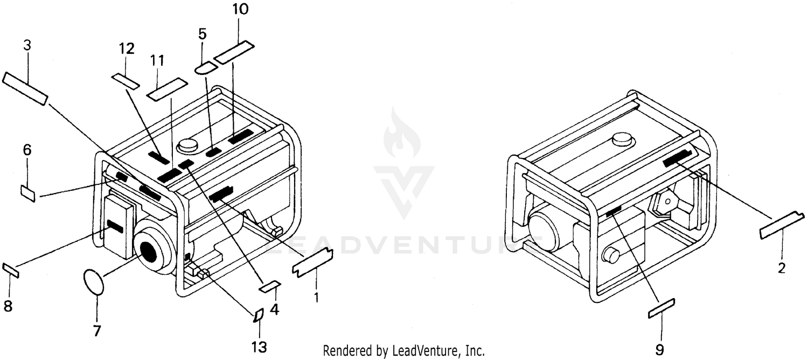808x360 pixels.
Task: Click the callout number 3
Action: tap(27, 46)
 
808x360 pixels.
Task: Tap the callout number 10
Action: tap(240, 9)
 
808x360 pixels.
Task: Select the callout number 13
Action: tap(259, 347)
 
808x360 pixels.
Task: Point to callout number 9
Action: tap(659, 350)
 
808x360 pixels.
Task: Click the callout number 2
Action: tap(781, 268)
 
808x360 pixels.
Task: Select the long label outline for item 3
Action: tap(25, 89)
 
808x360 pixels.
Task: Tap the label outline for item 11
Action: tap(168, 89)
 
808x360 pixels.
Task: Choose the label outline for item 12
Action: tap(125, 81)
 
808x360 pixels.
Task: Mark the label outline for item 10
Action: tap(234, 52)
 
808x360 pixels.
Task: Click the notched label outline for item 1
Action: tap(312, 262)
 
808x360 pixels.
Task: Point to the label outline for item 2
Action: tap(782, 225)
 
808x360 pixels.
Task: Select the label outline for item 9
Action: tap(661, 308)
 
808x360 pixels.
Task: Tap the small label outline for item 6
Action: tap(28, 193)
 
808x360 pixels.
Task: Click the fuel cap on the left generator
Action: tap(187, 146)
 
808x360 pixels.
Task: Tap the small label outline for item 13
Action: tap(259, 316)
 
